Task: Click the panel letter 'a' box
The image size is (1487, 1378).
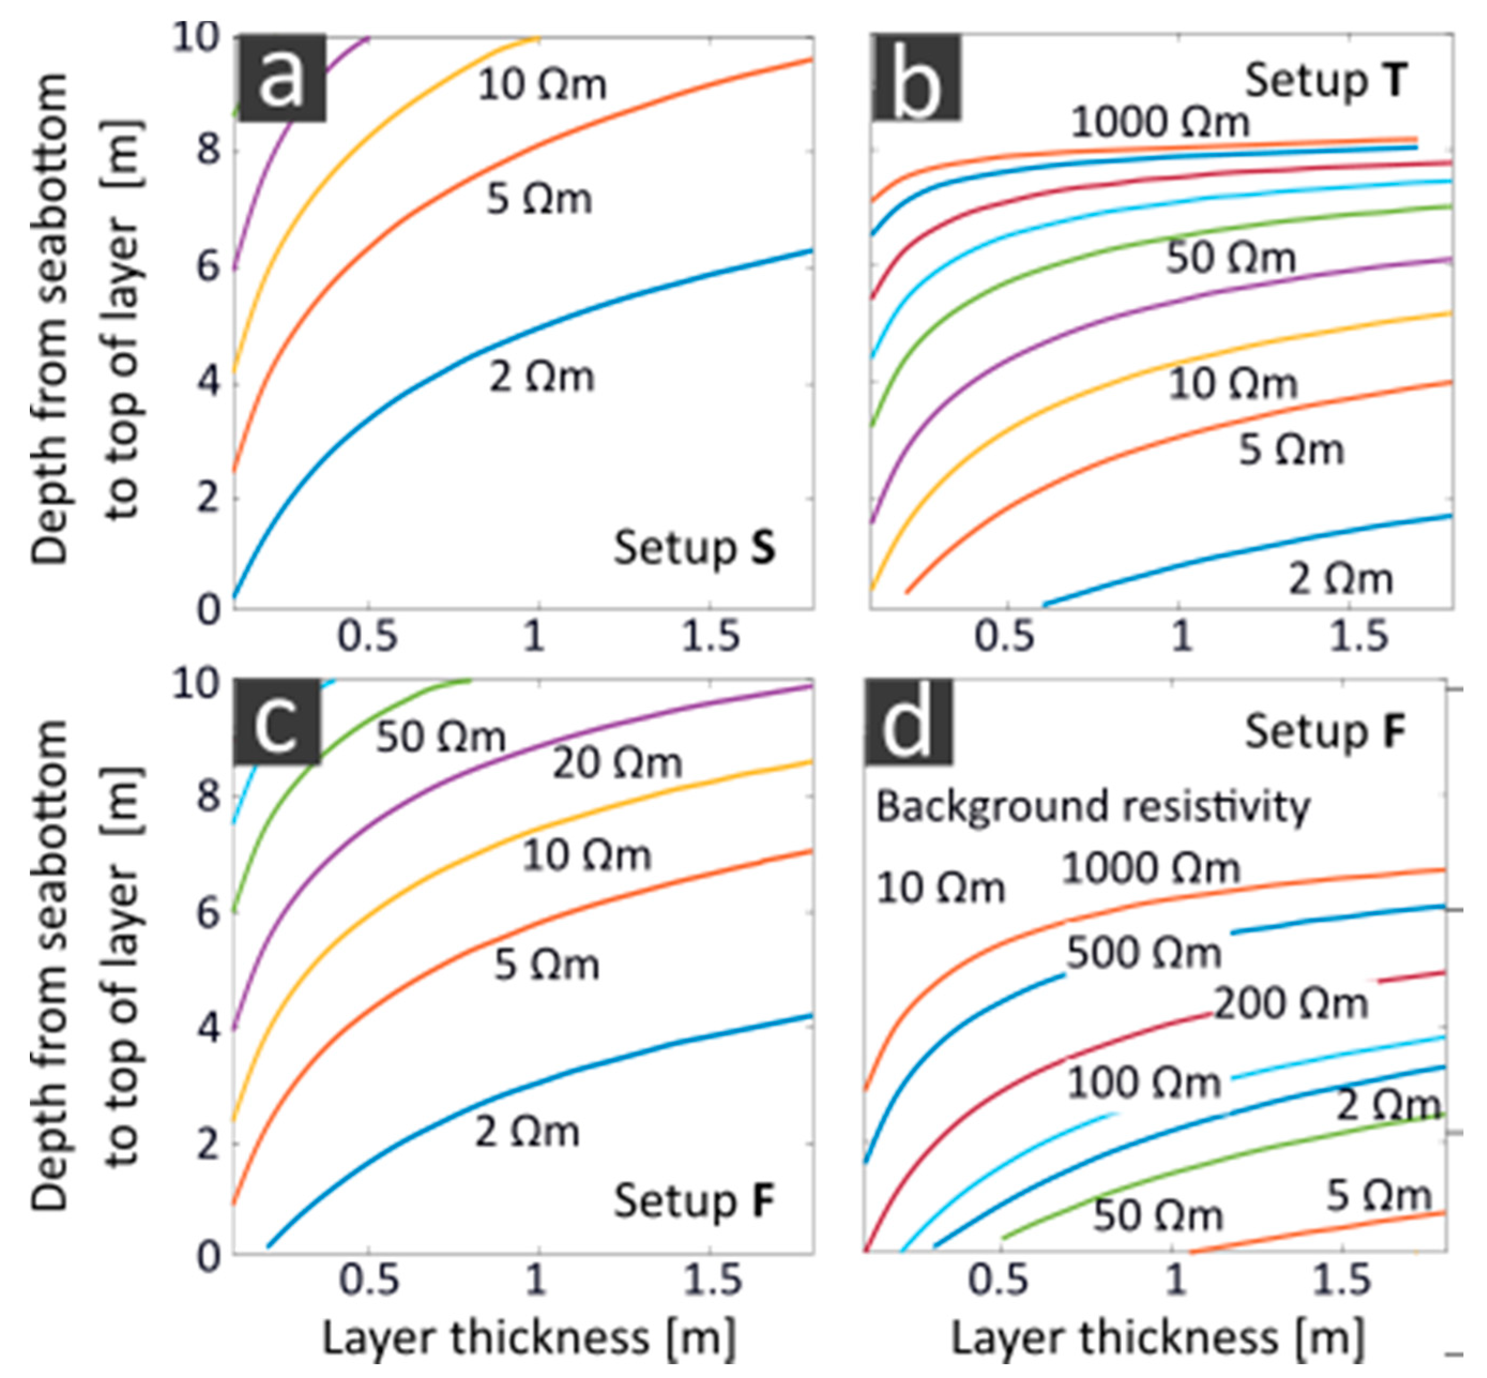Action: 280,78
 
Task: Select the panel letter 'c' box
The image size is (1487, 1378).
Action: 277,721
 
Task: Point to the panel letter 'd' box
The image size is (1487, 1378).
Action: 909,721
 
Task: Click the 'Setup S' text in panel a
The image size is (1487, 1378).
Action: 695,548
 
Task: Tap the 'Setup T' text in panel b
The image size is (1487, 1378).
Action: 1326,81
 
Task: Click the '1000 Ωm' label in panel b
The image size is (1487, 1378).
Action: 1160,121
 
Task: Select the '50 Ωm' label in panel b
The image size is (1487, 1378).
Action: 1231,258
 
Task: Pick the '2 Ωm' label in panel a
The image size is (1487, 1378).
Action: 542,377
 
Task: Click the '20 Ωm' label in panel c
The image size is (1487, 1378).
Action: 617,763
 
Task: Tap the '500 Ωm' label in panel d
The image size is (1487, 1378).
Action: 1143,953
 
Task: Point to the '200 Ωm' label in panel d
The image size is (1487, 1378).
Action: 1291,1003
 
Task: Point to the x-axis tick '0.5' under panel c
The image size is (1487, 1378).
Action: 368,1280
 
